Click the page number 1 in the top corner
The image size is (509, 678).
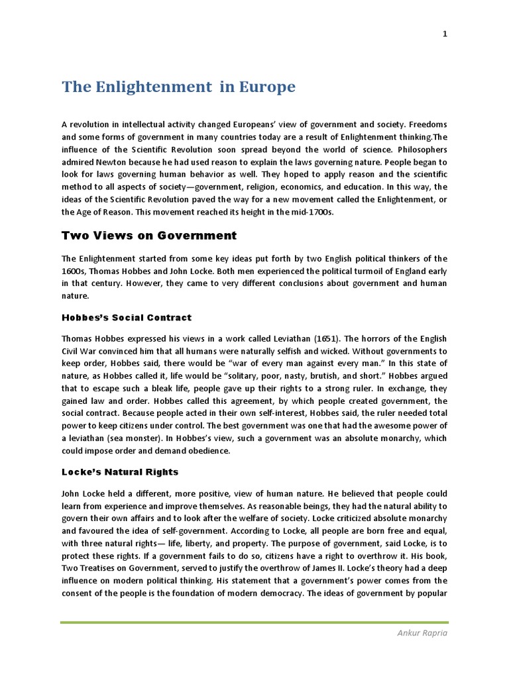click(445, 35)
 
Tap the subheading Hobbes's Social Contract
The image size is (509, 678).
click(127, 318)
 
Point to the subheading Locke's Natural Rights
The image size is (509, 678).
click(120, 472)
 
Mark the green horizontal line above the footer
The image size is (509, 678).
click(254, 622)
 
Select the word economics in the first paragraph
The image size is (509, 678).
click(302, 187)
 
